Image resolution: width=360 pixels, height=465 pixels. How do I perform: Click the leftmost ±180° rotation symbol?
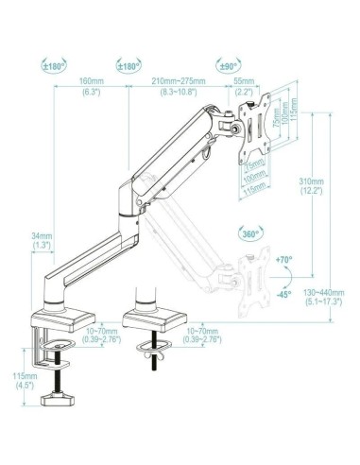point(54,66)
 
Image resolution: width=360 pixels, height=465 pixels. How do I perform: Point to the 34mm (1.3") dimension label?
point(42,240)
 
